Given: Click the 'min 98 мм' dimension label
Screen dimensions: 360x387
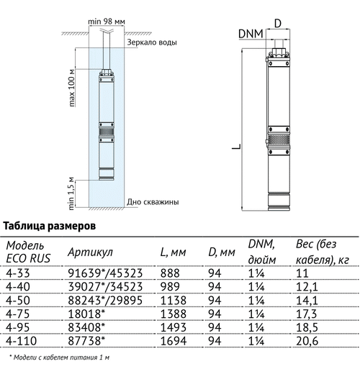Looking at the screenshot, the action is click(107, 22).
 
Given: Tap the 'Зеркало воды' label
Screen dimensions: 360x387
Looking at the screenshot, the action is click(152, 42).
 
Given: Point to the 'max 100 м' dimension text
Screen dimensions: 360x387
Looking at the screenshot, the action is click(71, 88).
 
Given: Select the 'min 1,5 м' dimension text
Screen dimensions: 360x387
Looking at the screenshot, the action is click(71, 193).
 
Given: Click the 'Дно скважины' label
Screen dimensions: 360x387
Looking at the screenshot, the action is click(153, 202).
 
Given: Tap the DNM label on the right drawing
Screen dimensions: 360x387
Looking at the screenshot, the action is click(251, 34).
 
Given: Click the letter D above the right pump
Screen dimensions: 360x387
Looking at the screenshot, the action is click(278, 24).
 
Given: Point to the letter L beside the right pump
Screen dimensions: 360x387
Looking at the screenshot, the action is click(236, 146).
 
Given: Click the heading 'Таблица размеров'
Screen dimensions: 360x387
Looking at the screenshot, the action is click(50, 226).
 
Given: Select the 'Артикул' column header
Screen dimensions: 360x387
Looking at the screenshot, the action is click(90, 252).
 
